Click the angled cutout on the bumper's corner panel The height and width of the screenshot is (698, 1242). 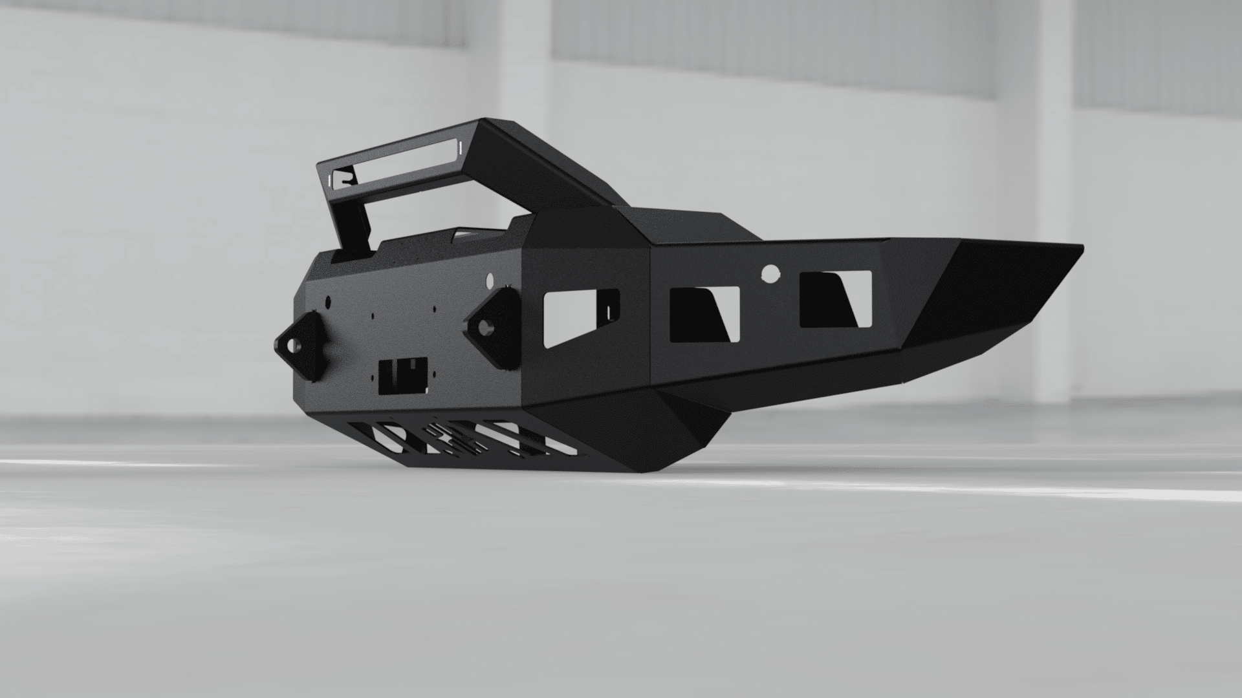[x=579, y=318]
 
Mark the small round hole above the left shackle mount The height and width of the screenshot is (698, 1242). [x=327, y=301]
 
